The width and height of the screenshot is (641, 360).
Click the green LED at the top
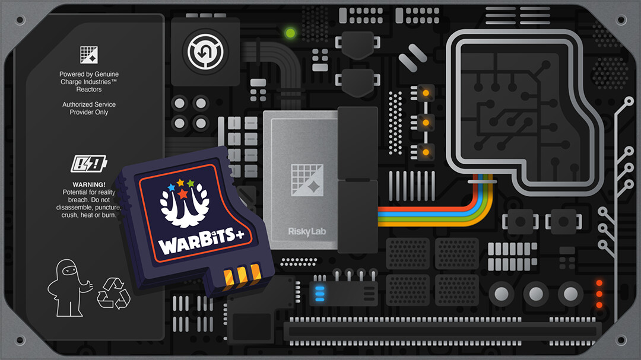(x=291, y=33)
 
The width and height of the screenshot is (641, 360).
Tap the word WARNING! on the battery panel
(x=89, y=184)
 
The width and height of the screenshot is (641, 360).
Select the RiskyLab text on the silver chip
(x=307, y=231)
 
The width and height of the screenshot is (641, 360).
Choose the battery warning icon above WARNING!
(x=89, y=163)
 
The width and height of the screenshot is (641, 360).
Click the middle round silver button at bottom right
(x=536, y=294)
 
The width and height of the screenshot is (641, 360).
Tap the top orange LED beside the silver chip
(x=425, y=92)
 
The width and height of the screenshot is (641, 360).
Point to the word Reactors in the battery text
(x=89, y=90)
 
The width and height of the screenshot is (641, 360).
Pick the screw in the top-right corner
(x=621, y=20)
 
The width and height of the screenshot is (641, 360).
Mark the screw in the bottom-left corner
(x=20, y=340)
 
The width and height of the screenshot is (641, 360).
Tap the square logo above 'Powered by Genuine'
(x=89, y=55)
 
